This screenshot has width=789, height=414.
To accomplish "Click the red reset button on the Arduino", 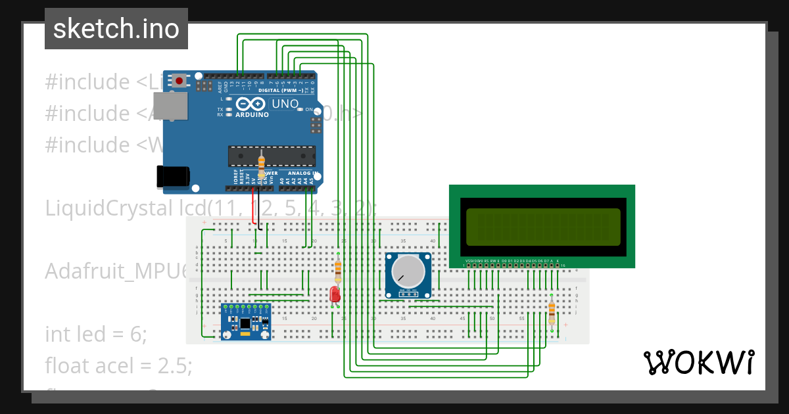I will [x=179, y=81].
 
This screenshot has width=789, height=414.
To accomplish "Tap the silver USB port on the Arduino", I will [x=170, y=106].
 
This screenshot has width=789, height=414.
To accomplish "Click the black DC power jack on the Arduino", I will [x=173, y=176].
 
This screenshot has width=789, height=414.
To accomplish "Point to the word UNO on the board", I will [x=285, y=104].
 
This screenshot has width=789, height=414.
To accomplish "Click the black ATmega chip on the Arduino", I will [x=271, y=155].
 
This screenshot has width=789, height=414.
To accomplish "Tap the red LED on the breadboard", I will [x=335, y=294].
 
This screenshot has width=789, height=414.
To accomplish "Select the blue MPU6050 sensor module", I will [x=246, y=322].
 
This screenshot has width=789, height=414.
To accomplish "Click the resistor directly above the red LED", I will [x=338, y=268].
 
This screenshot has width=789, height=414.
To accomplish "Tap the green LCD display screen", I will [x=543, y=227].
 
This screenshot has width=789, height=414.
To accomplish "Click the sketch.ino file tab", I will [x=116, y=29].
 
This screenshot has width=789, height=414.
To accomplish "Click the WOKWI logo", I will [x=698, y=362].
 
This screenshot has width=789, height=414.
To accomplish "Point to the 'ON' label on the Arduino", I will [x=308, y=110].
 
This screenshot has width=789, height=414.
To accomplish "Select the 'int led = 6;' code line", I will [x=96, y=334].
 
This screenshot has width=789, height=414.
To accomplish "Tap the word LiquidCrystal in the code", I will [x=105, y=208].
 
